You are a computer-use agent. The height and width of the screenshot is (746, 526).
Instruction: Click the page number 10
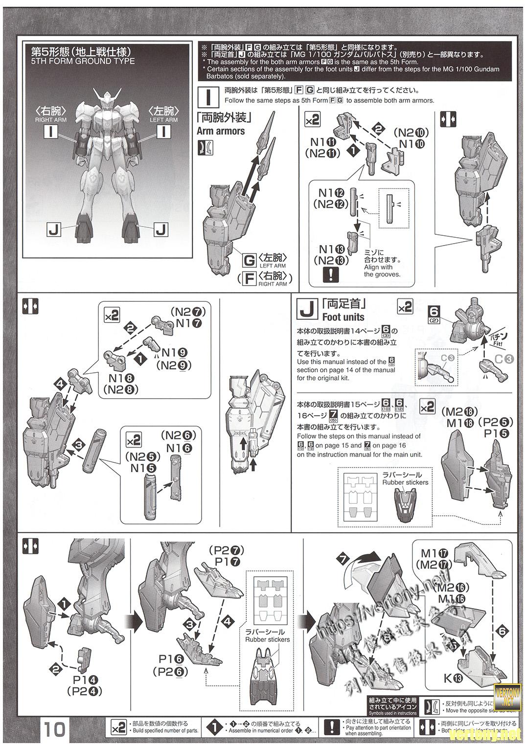pyautogui.click(x=55, y=729)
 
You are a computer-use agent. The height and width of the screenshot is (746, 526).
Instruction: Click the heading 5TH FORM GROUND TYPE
pyautogui.click(x=83, y=61)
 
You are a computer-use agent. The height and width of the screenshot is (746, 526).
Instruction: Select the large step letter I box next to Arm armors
pyautogui.click(x=209, y=96)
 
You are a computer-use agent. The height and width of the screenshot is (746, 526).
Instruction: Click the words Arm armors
pyautogui.click(x=220, y=131)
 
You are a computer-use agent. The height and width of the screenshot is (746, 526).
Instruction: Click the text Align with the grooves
pyautogui.click(x=382, y=271)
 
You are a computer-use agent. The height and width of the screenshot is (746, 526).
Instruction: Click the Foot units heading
pyautogui.click(x=343, y=316)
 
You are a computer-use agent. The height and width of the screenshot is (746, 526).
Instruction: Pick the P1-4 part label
pyautogui.click(x=84, y=679)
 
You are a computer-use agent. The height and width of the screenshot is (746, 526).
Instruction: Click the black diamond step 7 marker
pyautogui.click(x=343, y=559)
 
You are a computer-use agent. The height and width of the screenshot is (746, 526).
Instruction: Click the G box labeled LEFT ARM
pyautogui.click(x=250, y=259)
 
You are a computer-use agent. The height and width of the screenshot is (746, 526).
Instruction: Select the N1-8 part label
pyautogui.click(x=121, y=379)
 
